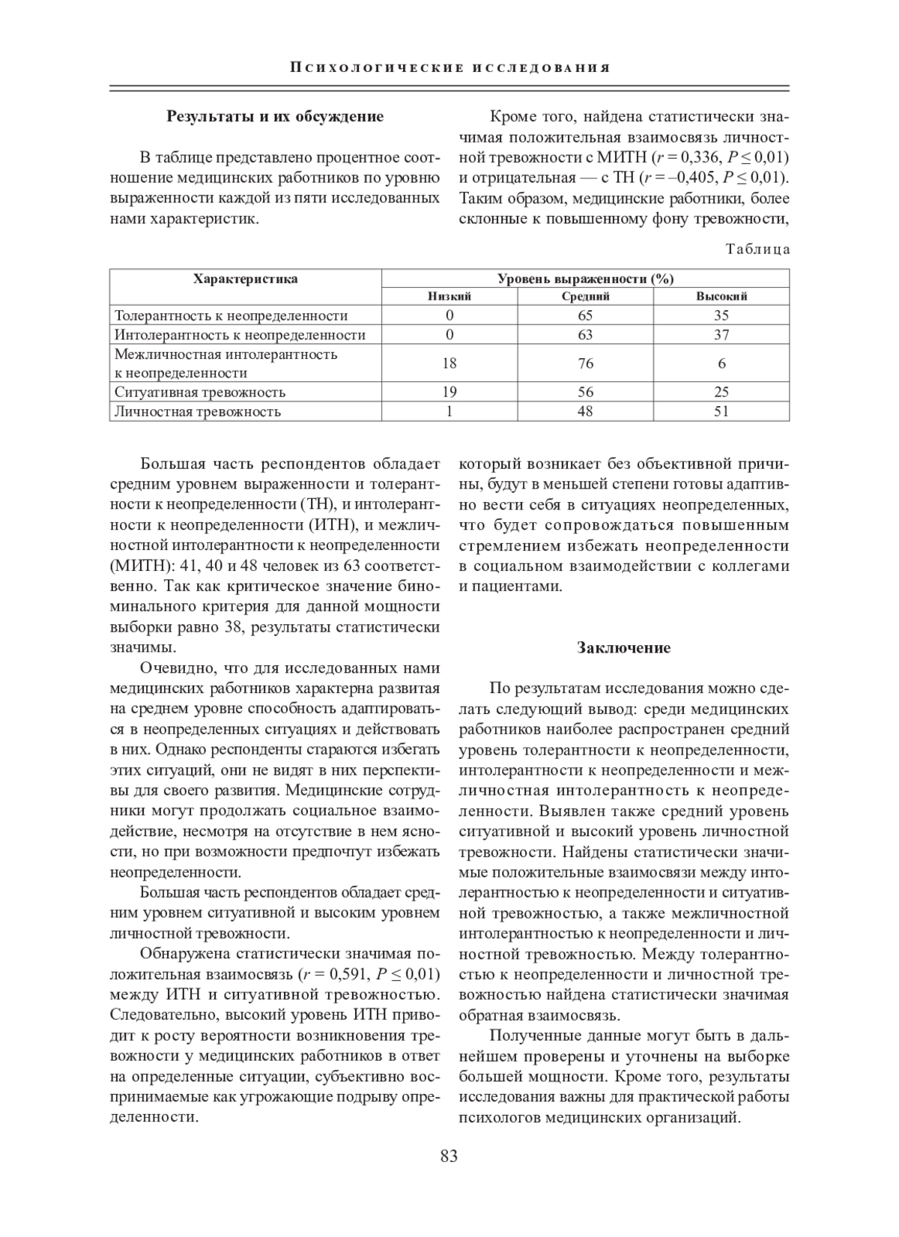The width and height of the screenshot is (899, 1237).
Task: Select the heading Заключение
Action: point(623,647)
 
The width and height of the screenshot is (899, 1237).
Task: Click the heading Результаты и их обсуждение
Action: point(275,116)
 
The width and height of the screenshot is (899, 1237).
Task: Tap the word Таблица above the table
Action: point(757,249)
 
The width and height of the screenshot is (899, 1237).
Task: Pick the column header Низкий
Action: point(449,297)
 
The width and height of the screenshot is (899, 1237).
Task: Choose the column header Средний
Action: point(586,297)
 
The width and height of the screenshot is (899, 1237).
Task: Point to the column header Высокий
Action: point(721,297)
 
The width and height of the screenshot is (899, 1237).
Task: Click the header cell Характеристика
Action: point(246,279)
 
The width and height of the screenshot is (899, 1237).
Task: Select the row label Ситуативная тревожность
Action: point(200,392)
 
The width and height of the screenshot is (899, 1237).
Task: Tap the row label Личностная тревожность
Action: point(198,411)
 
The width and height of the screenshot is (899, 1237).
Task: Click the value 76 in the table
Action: point(586,363)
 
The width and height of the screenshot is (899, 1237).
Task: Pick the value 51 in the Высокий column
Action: point(721,411)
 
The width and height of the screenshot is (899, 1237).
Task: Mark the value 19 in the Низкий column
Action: point(449,392)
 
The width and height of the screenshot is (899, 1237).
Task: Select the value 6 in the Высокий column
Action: point(721,363)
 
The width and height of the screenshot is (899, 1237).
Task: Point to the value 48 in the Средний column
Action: point(586,411)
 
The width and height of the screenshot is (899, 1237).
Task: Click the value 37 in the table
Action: point(721,335)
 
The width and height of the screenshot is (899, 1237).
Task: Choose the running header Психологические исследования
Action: point(449,68)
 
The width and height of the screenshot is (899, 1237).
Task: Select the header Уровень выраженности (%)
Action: point(586,279)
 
